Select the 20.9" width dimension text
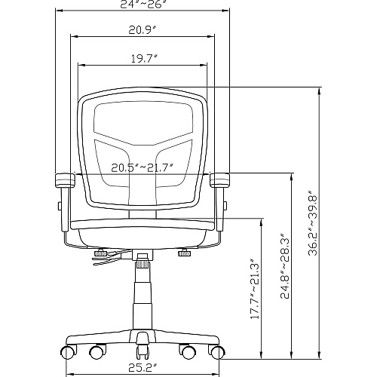coord(143,30)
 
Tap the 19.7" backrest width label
coord(144,59)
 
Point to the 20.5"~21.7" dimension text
coord(143,167)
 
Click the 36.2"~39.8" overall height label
coord(313,222)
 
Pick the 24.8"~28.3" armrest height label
coord(285,266)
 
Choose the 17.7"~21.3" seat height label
coord(255,288)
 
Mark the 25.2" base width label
coord(143,369)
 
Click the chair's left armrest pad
coord(65,180)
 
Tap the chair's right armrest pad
coord(219,179)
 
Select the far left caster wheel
coord(68,352)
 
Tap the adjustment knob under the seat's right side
coord(185,253)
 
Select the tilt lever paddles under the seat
coord(108,258)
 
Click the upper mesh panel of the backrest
coord(143,122)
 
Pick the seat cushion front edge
coord(143,225)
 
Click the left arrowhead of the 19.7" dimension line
coord(81,66)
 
